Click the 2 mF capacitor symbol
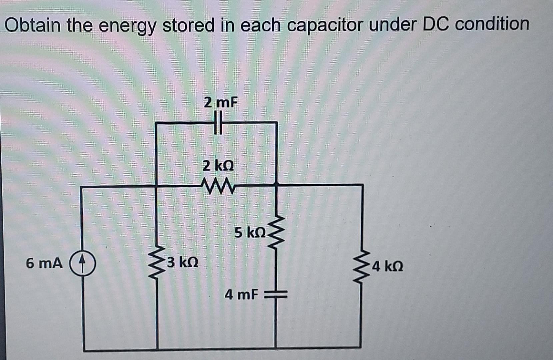coord(218,123)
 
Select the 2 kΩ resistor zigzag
coord(219,187)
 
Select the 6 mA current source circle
coord(82,263)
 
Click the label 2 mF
coord(221,102)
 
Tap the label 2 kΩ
coord(218,165)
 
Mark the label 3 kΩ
coord(183,262)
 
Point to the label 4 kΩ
coord(388,266)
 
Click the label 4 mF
coord(241,294)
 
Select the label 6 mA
coord(44,263)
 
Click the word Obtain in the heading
coord(33,25)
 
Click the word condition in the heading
coord(492,24)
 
